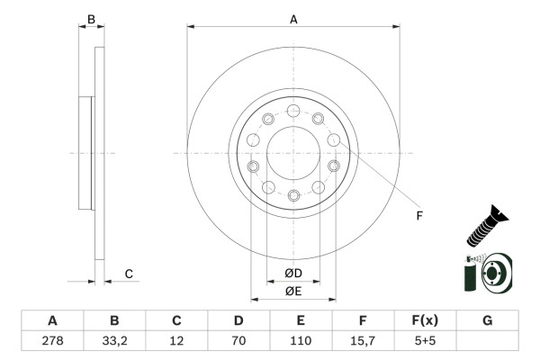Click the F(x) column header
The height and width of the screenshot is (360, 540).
click(x=425, y=320)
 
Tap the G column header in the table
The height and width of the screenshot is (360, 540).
click(x=487, y=320)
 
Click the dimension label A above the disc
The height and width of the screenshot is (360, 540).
click(x=293, y=18)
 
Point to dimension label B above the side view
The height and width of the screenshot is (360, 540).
click(x=91, y=18)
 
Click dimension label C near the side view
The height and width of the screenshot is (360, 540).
click(x=129, y=274)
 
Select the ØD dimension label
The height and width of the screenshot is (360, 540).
click(x=293, y=273)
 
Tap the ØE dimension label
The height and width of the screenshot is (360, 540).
click(x=293, y=291)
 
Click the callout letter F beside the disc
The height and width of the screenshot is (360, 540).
click(x=419, y=215)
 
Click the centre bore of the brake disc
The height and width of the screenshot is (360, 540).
click(x=293, y=153)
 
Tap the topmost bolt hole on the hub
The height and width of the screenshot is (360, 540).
click(x=293, y=111)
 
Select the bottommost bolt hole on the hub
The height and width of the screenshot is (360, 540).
click(x=293, y=195)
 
